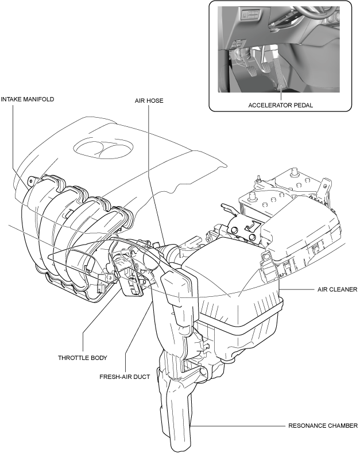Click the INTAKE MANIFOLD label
(28, 99)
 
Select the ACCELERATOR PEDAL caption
(280, 105)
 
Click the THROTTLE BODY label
(83, 358)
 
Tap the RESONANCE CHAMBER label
(324, 426)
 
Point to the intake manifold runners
(63, 230)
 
